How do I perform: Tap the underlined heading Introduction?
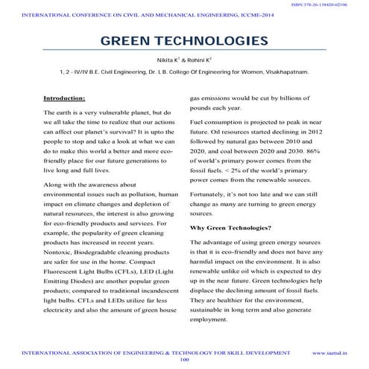(x=64, y=98)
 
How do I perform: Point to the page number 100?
(x=185, y=359)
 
